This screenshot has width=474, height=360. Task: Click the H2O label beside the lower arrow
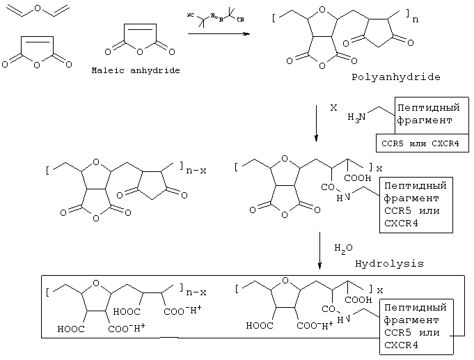[342, 248]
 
